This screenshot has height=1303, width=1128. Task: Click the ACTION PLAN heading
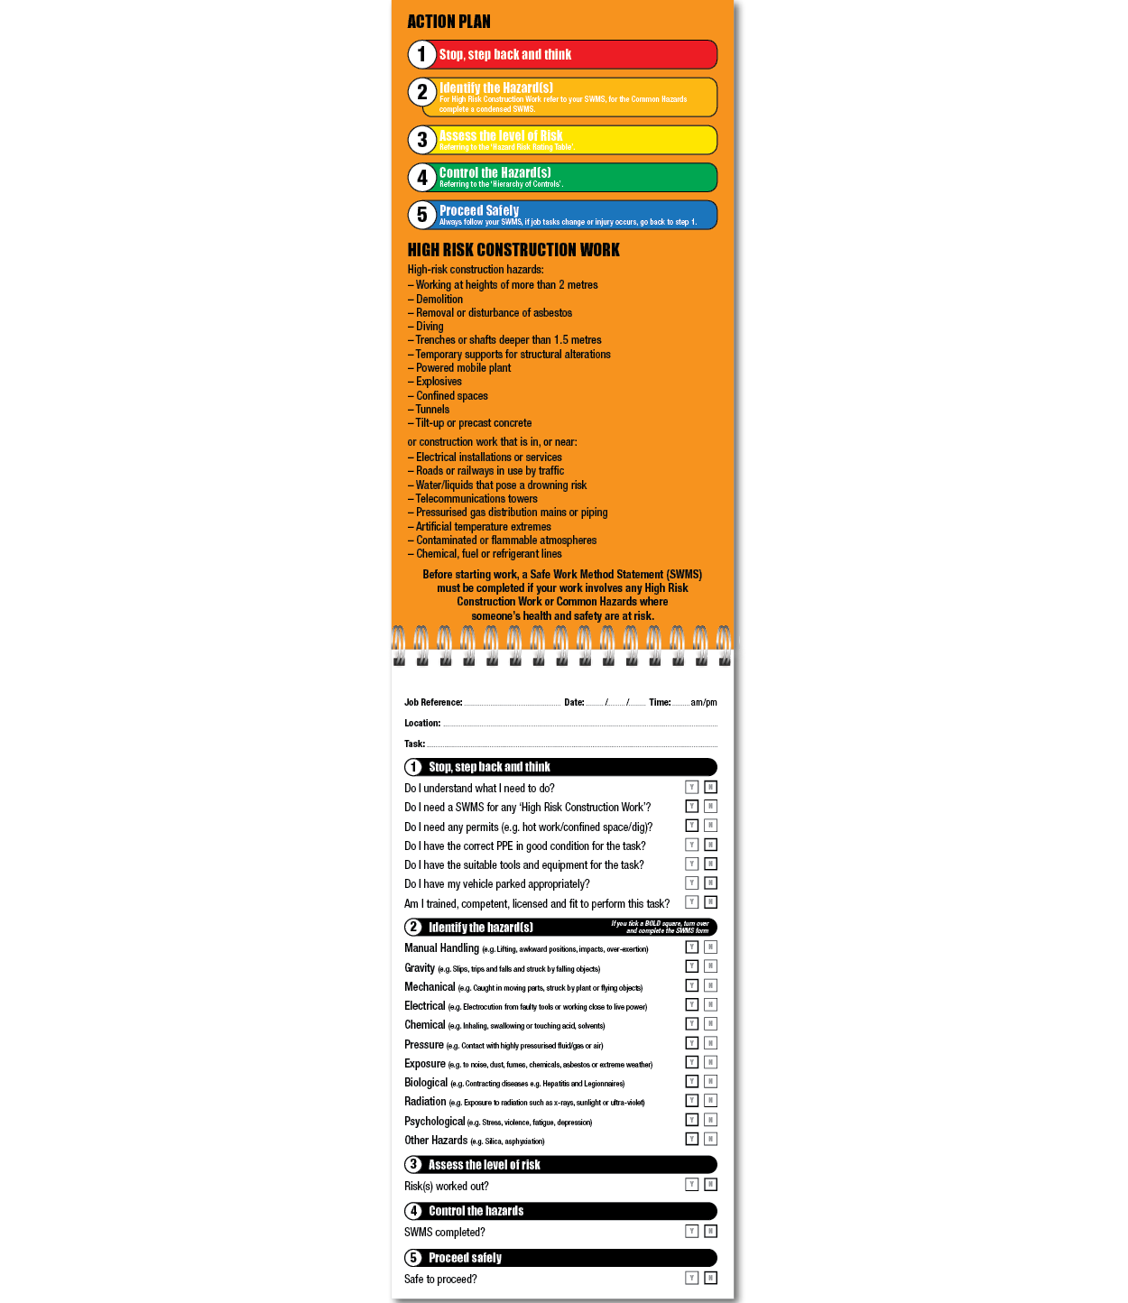[448, 22]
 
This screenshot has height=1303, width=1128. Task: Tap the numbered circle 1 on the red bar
[421, 54]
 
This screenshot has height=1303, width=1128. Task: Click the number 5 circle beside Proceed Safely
[421, 215]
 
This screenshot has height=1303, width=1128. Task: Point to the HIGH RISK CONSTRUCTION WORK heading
[513, 250]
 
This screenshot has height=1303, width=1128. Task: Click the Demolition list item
[439, 300]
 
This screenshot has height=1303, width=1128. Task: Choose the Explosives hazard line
[439, 382]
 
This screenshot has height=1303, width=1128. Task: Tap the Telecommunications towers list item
[476, 499]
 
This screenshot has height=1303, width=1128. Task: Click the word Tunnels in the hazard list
[432, 410]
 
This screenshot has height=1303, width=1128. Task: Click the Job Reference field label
[433, 702]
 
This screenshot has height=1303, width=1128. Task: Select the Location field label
[422, 723]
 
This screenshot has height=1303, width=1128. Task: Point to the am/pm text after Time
[704, 702]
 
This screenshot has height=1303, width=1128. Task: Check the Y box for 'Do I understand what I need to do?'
[692, 788]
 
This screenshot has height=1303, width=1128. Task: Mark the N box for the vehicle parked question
[711, 883]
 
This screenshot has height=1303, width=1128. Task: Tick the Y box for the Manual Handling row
[692, 947]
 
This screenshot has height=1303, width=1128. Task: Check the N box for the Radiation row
[711, 1101]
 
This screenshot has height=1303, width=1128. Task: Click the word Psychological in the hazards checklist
[434, 1122]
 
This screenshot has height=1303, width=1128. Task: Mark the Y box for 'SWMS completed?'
[692, 1232]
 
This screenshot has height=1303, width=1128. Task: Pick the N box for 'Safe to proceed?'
[711, 1279]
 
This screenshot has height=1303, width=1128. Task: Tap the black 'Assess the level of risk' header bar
[561, 1165]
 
